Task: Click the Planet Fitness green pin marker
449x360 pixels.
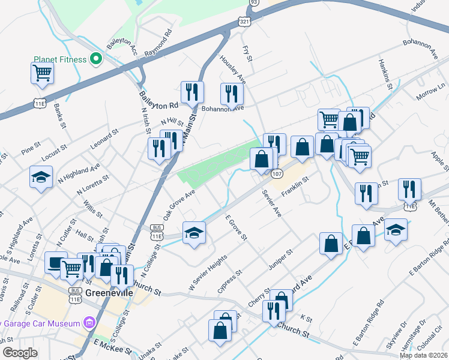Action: coord(95,59)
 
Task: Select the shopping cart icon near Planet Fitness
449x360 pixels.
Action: coord(43,73)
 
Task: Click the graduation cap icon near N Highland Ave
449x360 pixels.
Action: coord(41,177)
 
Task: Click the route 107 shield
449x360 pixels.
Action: coord(276,173)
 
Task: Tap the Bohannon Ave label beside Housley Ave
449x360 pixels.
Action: coord(223,109)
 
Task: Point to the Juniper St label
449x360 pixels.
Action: coord(280,261)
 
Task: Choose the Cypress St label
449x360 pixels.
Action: coord(229,280)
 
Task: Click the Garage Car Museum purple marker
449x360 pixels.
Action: coord(89,323)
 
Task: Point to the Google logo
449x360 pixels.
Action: coord(20,352)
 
